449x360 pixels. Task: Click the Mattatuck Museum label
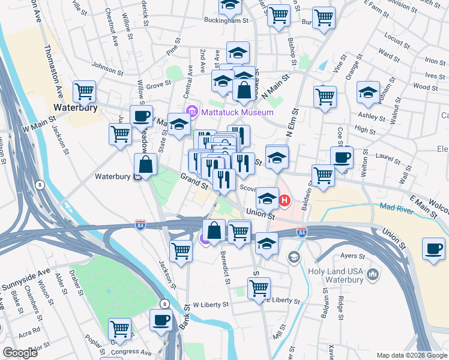coord(237,112)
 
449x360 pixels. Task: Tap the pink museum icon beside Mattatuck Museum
coord(192,111)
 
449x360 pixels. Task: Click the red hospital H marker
coord(285,200)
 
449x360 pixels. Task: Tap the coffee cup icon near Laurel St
coord(342,158)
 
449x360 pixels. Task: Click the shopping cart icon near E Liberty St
coord(259,287)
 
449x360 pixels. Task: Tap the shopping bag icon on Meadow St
coord(145,163)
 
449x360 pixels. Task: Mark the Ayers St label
coord(353,256)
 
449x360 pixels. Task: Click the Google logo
coord(20,353)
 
